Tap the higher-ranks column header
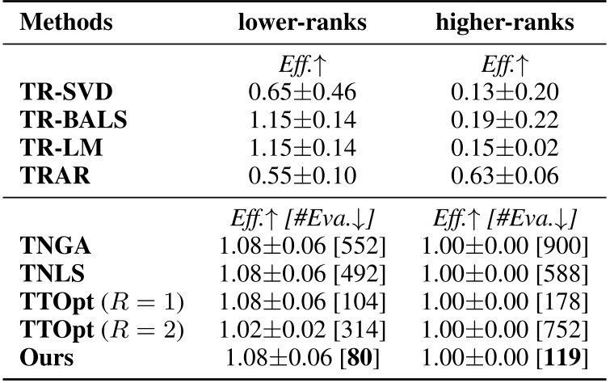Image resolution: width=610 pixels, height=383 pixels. coord(504,23)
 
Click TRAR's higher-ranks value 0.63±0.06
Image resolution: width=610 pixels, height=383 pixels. coord(503,172)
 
